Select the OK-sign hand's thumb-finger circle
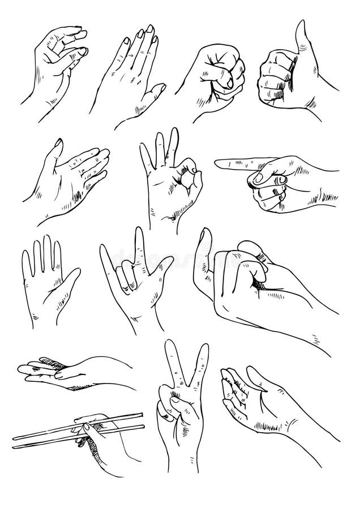(x=189, y=180)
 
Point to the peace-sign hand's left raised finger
(x=170, y=362)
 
